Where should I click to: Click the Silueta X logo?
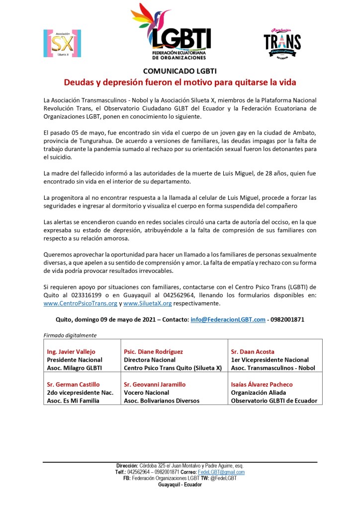coord(62,43)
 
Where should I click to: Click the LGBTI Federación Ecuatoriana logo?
coord(172,32)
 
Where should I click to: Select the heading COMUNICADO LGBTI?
coord(180,70)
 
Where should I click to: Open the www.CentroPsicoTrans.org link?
coord(81,303)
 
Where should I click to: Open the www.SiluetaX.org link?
coord(148,303)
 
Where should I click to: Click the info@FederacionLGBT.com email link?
coord(228,320)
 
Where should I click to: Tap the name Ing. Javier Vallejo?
coord(71,351)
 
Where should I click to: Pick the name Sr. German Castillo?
coord(73,384)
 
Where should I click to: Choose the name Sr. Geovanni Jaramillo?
coord(158,384)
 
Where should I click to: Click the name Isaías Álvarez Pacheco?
coord(262,384)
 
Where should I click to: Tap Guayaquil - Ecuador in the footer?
coord(180,485)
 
